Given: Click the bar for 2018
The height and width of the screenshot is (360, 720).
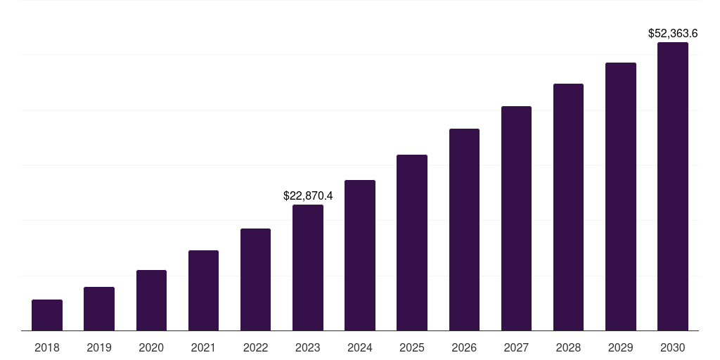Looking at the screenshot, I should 47,315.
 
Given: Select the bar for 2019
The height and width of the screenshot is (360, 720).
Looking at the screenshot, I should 99,309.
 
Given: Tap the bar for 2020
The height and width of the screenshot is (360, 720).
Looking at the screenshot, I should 151,300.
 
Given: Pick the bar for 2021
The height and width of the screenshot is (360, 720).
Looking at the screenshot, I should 203,290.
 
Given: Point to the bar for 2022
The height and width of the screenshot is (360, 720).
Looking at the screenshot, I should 255,280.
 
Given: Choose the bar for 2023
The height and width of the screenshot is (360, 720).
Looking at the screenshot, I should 308,268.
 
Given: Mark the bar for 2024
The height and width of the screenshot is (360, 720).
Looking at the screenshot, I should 360,255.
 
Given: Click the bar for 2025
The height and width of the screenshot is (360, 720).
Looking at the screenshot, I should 412,243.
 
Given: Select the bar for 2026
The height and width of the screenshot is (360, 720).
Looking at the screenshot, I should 464,230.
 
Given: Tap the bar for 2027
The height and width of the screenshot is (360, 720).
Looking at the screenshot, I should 516,219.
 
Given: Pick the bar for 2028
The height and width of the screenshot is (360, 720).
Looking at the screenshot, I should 568,207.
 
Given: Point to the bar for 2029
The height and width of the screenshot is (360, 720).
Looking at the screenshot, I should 620,197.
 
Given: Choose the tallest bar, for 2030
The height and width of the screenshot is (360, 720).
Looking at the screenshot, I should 673,186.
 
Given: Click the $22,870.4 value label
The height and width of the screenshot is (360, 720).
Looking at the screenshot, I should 308,195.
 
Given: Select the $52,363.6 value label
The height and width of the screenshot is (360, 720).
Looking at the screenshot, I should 673,33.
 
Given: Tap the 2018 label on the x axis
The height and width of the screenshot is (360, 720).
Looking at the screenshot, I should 47,347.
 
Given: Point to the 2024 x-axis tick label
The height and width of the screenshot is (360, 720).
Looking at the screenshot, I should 360,347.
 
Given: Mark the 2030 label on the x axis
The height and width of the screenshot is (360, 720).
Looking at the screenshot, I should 673,347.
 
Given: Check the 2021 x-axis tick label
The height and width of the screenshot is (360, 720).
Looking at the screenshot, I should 203,347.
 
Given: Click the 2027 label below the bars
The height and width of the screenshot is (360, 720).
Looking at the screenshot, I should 516,347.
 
